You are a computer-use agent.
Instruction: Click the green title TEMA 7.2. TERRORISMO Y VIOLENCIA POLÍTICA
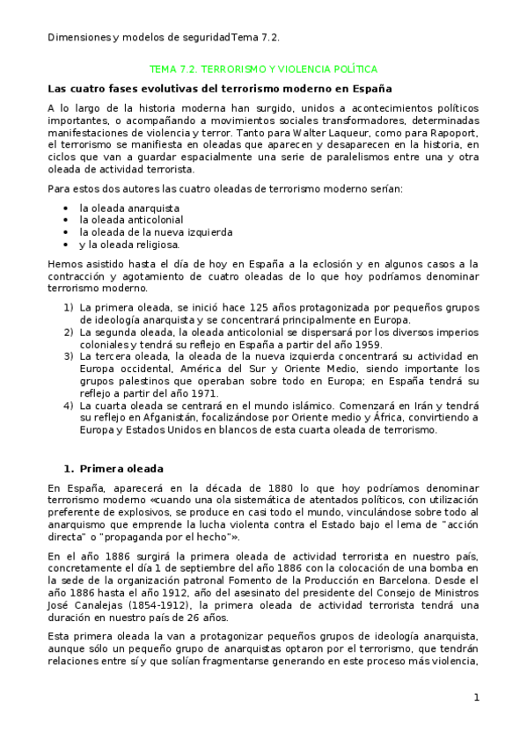tap(264, 69)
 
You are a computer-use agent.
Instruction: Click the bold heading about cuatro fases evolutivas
tap(219, 89)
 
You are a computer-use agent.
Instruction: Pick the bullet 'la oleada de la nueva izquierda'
tap(143, 232)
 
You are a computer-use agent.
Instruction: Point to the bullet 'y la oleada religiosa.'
tap(129, 245)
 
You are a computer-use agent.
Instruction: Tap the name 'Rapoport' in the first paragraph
tap(456, 131)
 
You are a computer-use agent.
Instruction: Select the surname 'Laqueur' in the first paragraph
tap(240, 131)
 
